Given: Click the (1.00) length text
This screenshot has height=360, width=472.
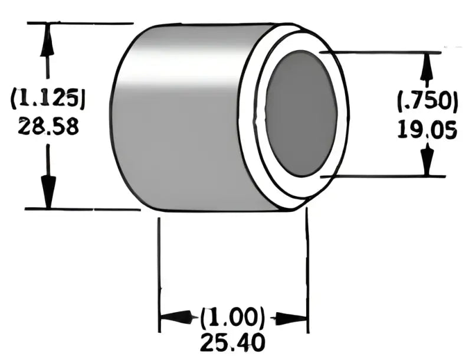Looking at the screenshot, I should [232, 318].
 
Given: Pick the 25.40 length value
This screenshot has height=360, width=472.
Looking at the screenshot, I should [232, 342].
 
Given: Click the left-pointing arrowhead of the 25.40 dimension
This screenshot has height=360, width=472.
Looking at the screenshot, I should [174, 318].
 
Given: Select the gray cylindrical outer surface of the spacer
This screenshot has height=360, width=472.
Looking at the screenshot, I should [177, 118].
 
